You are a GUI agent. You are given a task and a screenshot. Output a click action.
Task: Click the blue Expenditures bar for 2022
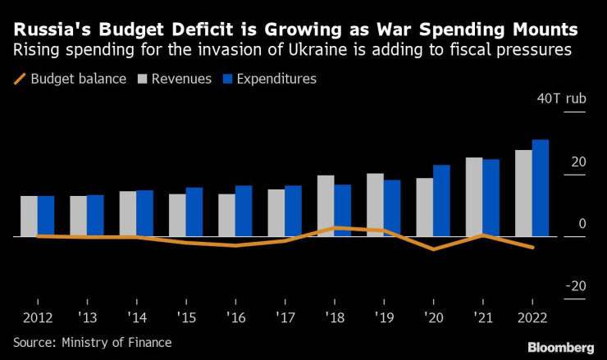tap(541, 188)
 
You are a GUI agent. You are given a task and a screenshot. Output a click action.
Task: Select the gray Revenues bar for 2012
tap(29, 216)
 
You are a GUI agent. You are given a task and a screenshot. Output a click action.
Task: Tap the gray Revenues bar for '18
tap(326, 205)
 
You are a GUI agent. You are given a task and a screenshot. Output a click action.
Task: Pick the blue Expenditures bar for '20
tap(441, 200)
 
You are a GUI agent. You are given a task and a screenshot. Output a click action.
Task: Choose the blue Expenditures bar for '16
tap(244, 211)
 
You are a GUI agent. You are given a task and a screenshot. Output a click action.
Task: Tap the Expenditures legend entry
tap(271, 79)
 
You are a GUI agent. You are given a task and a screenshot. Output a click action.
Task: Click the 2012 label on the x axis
tap(37, 316)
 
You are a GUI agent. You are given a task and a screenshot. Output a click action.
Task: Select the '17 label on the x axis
tap(285, 316)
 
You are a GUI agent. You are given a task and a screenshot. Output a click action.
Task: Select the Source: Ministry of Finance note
tap(92, 342)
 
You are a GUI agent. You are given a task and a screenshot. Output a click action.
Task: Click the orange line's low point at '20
tap(433, 248)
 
